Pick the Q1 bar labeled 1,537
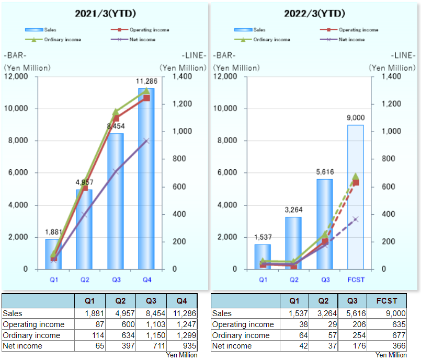point(263,257)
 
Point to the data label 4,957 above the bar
point(84,182)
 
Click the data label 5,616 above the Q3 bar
point(325,172)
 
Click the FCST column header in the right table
point(387,301)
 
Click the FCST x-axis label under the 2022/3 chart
point(356,280)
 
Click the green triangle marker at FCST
point(356,176)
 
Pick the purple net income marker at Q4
point(147,141)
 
